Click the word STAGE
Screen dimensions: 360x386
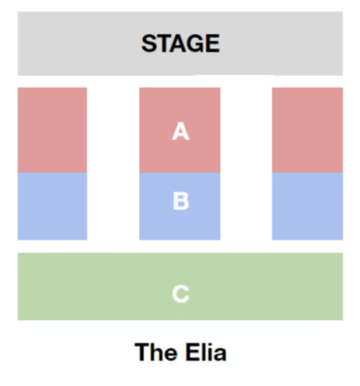pyautogui.click(x=181, y=43)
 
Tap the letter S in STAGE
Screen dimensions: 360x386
pyautogui.click(x=149, y=43)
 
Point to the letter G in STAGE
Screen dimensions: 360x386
pyautogui.click(x=194, y=43)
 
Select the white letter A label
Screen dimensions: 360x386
pyautogui.click(x=181, y=131)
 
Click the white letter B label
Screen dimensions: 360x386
pyautogui.click(x=181, y=201)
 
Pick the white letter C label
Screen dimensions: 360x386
pyautogui.click(x=181, y=294)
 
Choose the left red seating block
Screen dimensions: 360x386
pyautogui.click(x=52, y=130)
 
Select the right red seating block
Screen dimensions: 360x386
pyautogui.click(x=307, y=130)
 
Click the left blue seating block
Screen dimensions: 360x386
pyautogui.click(x=52, y=206)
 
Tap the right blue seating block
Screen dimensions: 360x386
pyautogui.click(x=307, y=206)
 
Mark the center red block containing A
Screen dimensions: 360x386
pyautogui.click(x=180, y=130)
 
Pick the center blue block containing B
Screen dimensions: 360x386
pyautogui.click(x=180, y=206)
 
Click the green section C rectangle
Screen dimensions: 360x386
pyautogui.click(x=180, y=287)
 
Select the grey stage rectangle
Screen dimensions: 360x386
pyautogui.click(x=180, y=43)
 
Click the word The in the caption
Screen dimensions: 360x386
pyautogui.click(x=155, y=352)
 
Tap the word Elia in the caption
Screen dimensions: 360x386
pyautogui.click(x=206, y=352)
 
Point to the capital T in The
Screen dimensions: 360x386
pyautogui.click(x=142, y=352)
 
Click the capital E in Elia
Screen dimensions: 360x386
pyautogui.click(x=192, y=352)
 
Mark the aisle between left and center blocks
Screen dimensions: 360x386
pyautogui.click(x=113, y=163)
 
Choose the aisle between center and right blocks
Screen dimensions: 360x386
pyautogui.click(x=246, y=163)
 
